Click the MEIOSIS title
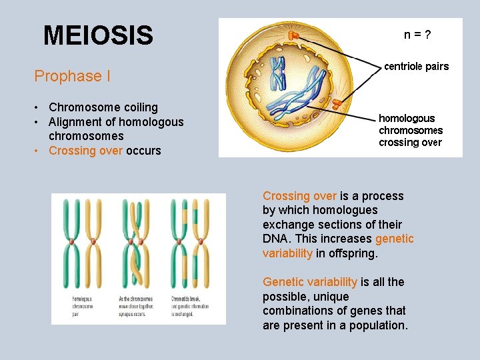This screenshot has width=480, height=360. point(98,35)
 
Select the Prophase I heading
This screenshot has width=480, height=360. point(73,76)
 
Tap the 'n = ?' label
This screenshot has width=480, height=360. point(417,35)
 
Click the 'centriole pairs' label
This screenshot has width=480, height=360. point(417,66)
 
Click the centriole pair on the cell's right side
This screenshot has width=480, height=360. point(339,103)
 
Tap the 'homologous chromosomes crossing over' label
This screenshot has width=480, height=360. point(410,130)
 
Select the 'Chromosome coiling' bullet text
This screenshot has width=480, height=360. point(103,107)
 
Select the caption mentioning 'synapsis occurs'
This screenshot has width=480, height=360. point(136,306)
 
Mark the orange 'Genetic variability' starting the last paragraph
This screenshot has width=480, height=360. point(310,282)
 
